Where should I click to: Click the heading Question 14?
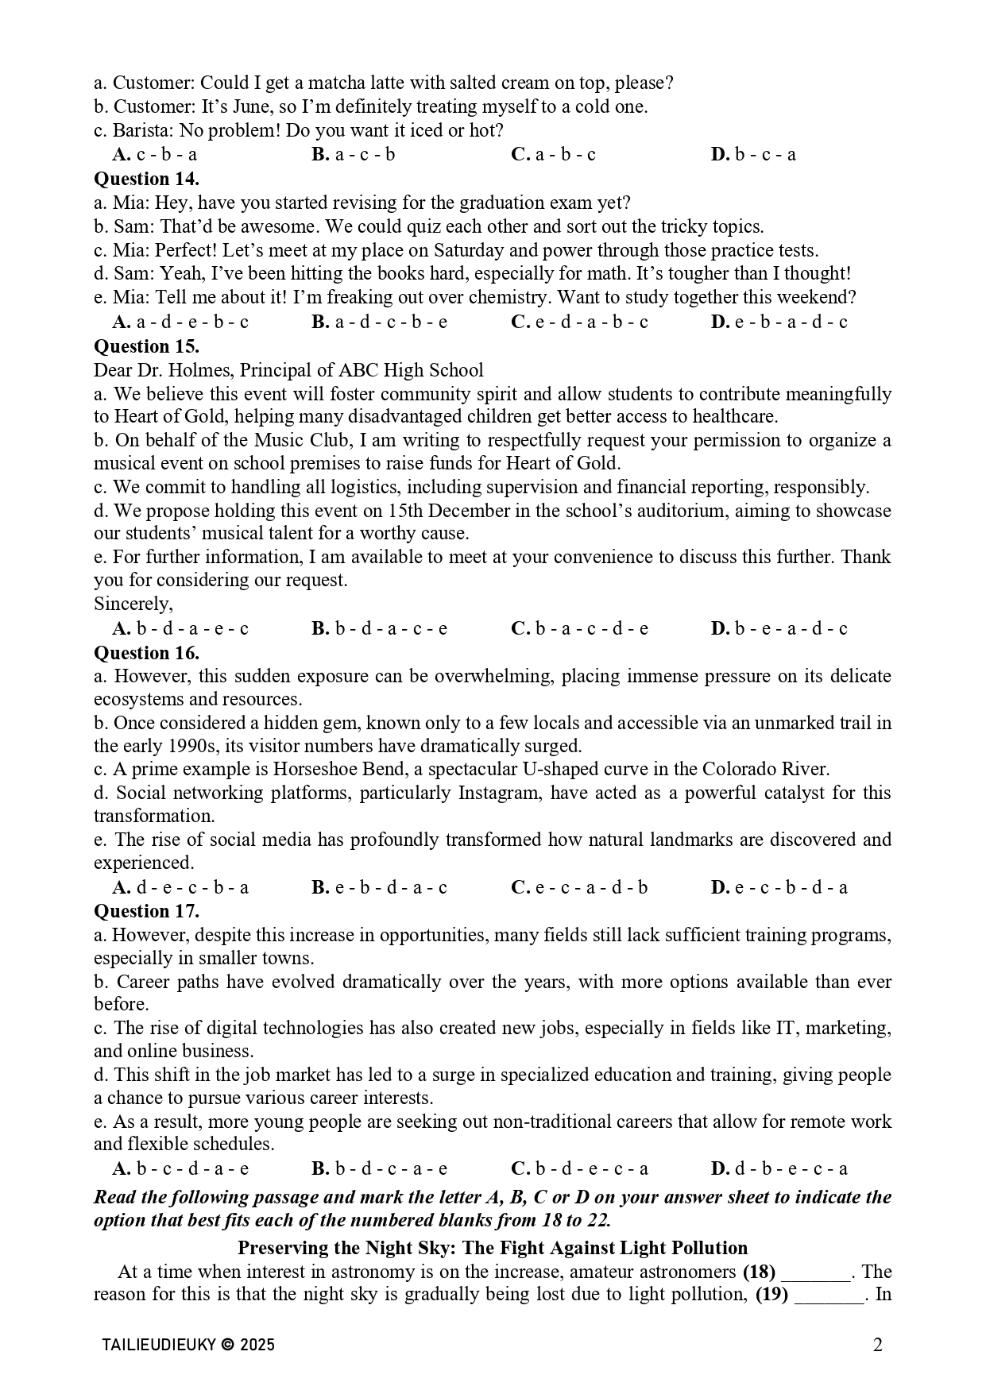[x=146, y=179]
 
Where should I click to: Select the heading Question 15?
[x=146, y=346]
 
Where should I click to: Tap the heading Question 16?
[x=146, y=653]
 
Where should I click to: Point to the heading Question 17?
[x=146, y=911]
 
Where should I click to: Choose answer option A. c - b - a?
[x=155, y=155]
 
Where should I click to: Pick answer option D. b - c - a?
[x=753, y=155]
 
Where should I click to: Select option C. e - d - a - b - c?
[x=579, y=322]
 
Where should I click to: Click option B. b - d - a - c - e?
[x=380, y=629]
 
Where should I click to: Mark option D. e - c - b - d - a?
[x=779, y=887]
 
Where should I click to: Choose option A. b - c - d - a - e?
[x=180, y=1168]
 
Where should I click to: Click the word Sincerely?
[x=133, y=604]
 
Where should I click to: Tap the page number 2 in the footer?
[x=877, y=1345]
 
